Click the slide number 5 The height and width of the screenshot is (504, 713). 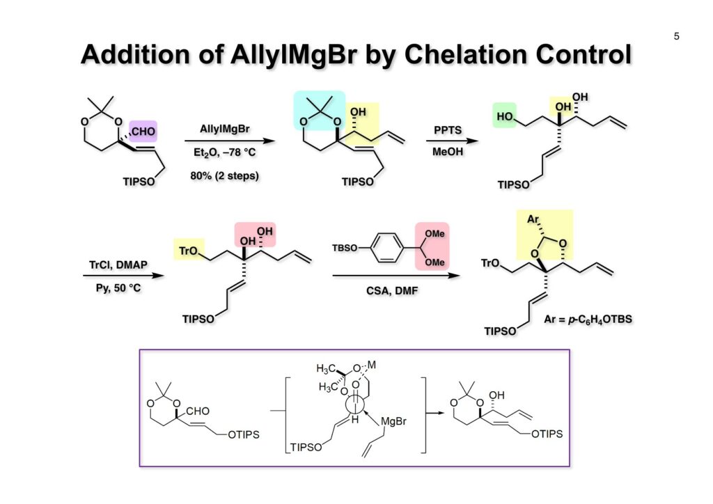pos(676,36)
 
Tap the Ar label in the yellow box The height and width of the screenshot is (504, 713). pos(534,219)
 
